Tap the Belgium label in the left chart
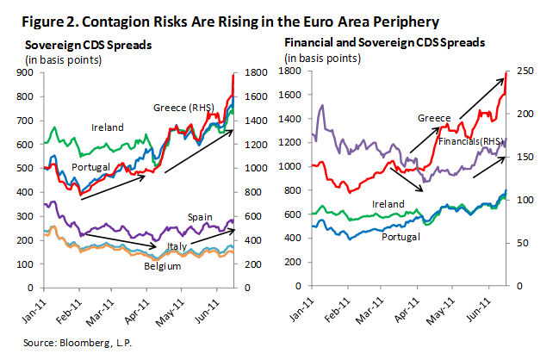tap(161, 266)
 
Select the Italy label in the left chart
tap(176, 247)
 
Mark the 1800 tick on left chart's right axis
tap(258, 74)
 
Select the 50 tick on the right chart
tap(523, 244)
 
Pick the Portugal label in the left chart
tap(90, 166)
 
